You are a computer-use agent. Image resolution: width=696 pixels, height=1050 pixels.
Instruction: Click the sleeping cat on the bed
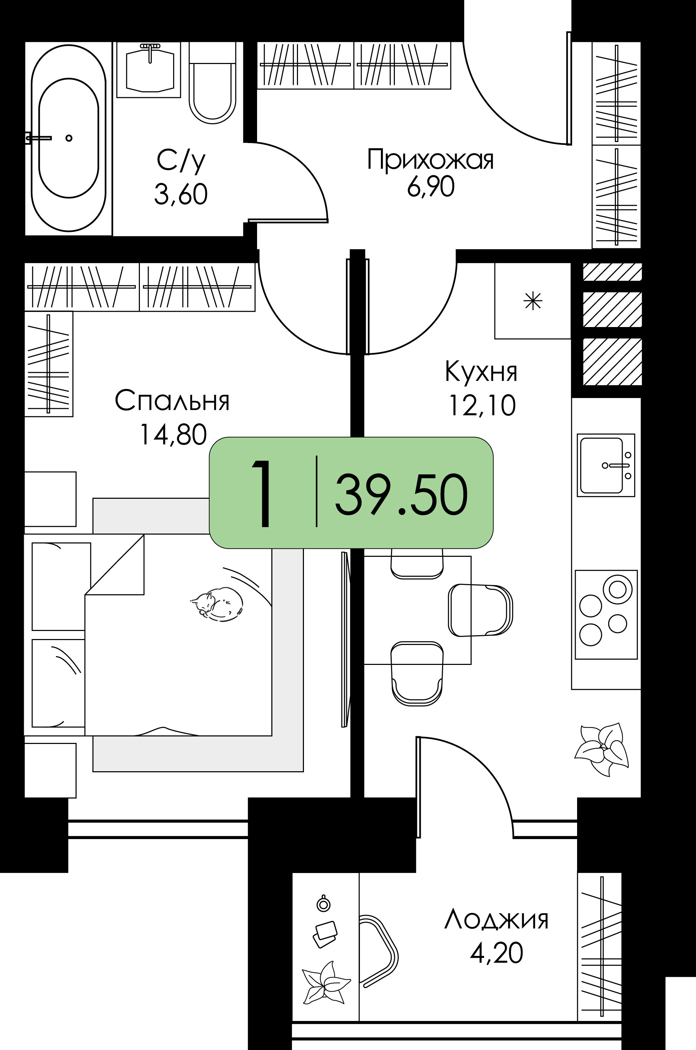pos(217,604)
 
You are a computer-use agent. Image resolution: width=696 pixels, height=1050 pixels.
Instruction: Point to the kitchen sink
pos(606,465)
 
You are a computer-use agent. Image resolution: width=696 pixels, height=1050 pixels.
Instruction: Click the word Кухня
pos(481,372)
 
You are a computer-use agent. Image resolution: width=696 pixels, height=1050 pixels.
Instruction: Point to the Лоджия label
pos(496,920)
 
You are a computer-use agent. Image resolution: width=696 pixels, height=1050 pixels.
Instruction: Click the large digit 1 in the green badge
pos(263,493)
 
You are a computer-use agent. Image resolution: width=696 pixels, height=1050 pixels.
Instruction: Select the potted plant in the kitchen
pos(602,750)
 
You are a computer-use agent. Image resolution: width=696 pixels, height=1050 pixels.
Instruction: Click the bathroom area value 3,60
pos(181,194)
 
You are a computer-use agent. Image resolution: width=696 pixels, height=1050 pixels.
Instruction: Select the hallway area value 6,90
pos(431,186)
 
